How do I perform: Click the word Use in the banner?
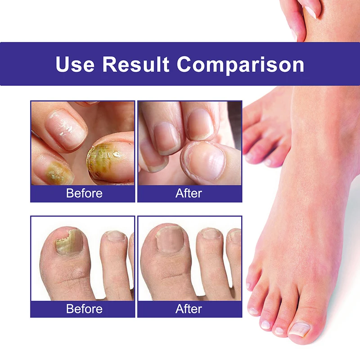click(75, 64)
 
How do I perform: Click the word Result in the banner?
click(136, 64)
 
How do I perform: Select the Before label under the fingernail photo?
click(84, 193)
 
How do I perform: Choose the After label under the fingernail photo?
click(189, 193)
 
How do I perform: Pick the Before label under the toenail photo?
click(84, 309)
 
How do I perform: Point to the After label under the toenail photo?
click(189, 309)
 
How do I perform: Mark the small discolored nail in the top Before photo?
click(59, 173)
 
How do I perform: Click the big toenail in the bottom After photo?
click(170, 239)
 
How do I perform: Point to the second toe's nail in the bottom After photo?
click(211, 234)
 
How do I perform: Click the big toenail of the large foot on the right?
click(300, 329)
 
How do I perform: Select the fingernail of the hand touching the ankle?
click(310, 12)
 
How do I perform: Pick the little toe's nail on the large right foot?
click(248, 286)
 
